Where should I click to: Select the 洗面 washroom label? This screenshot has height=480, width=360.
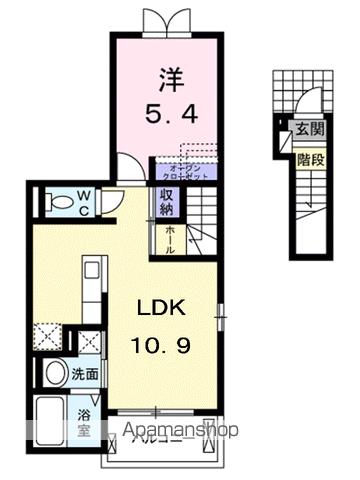86,374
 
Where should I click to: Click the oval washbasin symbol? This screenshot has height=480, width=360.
56,373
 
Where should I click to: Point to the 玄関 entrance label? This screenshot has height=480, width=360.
307,127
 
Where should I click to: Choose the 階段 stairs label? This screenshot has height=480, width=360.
307,156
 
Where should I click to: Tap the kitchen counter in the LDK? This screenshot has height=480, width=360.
90,290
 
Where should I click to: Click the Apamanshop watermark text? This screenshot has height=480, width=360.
181,432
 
